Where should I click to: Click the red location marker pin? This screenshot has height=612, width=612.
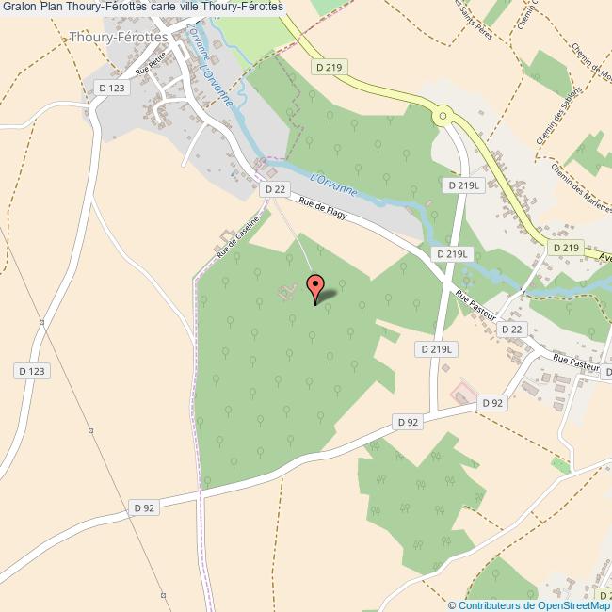tap(315, 286)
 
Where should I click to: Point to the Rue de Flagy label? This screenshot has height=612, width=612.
tap(324, 208)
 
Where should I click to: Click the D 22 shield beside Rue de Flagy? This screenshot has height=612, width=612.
tap(274, 189)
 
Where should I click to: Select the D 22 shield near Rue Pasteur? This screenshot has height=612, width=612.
tap(511, 329)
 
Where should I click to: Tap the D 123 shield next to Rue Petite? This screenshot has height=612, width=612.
tap(110, 88)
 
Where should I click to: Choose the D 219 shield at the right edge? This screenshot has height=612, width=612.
tap(565, 248)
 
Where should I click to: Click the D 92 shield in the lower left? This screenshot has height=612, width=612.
tap(144, 507)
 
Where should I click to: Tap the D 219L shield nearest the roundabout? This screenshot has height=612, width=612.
tap(464, 185)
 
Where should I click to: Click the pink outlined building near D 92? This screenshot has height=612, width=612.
tap(463, 391)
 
